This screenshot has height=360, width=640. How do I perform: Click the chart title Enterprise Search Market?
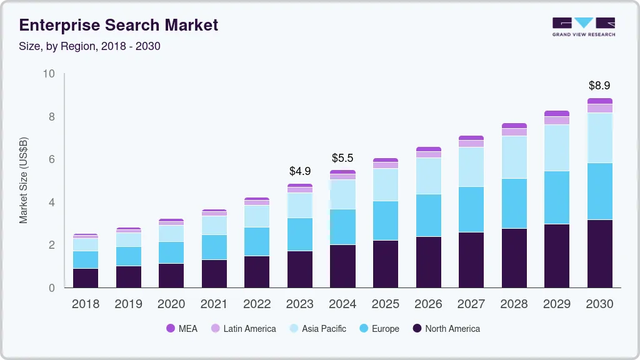119,25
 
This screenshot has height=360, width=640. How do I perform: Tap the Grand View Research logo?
583,26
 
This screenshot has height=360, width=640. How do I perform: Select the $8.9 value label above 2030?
599,86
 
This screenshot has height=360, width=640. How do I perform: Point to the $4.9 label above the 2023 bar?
300,171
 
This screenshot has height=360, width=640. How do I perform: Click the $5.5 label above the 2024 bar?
342,158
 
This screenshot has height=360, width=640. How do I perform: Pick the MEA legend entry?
181,328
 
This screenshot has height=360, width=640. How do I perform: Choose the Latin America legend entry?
243,328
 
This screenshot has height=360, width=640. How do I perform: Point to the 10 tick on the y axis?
49,74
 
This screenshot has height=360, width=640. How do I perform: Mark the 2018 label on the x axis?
86,304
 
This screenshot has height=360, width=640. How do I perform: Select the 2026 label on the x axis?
428,304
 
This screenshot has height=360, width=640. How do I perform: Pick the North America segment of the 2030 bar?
599,254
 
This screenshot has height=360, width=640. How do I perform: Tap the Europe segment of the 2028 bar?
514,204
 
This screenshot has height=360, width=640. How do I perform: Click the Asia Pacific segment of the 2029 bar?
556,147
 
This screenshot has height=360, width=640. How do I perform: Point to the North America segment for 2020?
171,276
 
